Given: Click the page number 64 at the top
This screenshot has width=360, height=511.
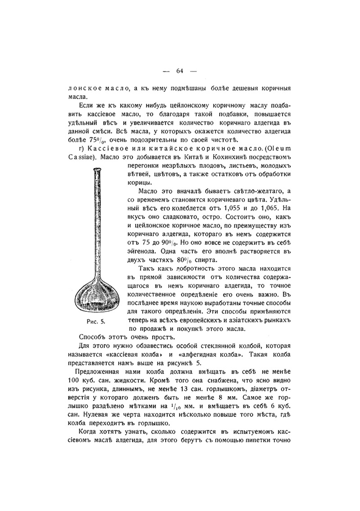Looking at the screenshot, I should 180,71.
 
